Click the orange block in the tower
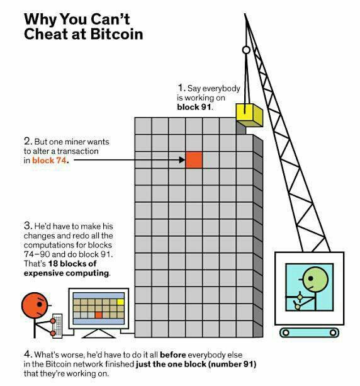(x=194, y=160)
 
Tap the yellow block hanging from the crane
(x=249, y=115)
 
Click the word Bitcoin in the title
(x=116, y=34)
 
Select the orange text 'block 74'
(x=49, y=161)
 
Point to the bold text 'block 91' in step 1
(x=194, y=107)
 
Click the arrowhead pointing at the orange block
(x=182, y=160)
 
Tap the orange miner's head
(x=35, y=305)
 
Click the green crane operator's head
(x=315, y=279)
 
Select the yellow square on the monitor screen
(x=120, y=302)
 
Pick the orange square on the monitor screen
(x=98, y=315)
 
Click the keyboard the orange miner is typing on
(x=57, y=326)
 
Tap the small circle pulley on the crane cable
(x=246, y=50)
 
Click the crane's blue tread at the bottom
(x=309, y=332)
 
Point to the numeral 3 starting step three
(x=28, y=225)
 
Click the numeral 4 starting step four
(x=28, y=355)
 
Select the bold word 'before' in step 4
(x=172, y=355)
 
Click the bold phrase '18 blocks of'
(x=72, y=264)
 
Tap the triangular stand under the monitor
(x=98, y=334)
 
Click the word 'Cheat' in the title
(x=46, y=34)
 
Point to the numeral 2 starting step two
(x=28, y=141)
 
